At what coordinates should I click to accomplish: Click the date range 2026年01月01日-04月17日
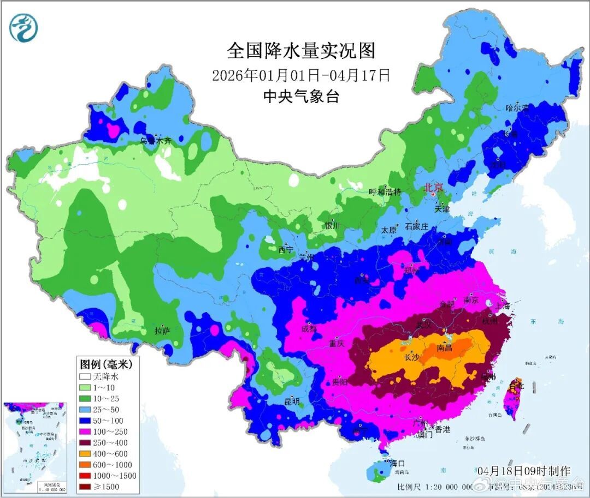pyautogui.click(x=301, y=75)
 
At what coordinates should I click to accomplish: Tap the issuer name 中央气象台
pyautogui.click(x=301, y=97)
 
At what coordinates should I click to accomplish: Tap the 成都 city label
pyautogui.click(x=309, y=328)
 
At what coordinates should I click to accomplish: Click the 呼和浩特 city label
pyautogui.click(x=385, y=192)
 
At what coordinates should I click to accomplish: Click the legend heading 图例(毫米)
pyautogui.click(x=102, y=364)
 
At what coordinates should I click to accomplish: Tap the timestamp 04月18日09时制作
pyautogui.click(x=523, y=470)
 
